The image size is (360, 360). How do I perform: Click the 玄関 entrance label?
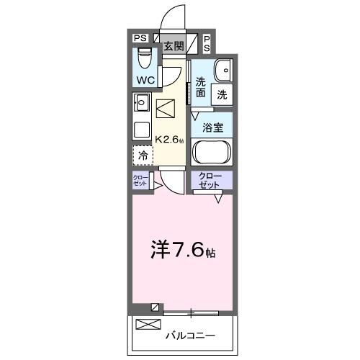pyautogui.click(x=173, y=46)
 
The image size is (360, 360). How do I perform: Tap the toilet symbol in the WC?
pyautogui.click(x=143, y=54)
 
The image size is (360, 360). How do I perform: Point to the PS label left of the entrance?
pyautogui.click(x=140, y=38)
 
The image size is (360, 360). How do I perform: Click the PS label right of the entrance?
pyautogui.click(x=207, y=42)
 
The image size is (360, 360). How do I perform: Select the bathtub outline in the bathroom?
pyautogui.click(x=212, y=153)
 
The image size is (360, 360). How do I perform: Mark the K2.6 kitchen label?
pyautogui.click(x=170, y=140)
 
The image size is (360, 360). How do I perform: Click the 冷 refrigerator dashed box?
pyautogui.click(x=143, y=155)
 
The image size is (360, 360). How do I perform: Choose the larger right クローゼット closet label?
pyautogui.click(x=211, y=180)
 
